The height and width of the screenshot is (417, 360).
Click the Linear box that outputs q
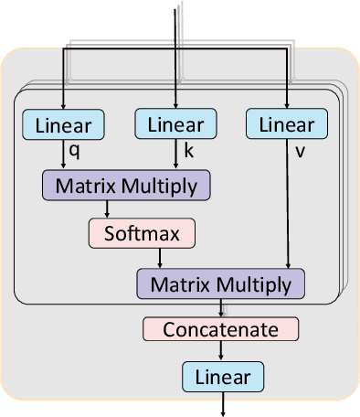point(63,124)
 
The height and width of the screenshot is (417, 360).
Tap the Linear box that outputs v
point(287,124)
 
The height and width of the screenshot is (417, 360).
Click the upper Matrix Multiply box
point(126,186)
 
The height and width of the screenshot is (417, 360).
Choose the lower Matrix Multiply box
point(221,283)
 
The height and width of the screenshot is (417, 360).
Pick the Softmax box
point(142,233)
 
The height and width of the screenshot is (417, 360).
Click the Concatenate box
point(220,329)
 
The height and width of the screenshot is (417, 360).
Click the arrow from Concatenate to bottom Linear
point(220,351)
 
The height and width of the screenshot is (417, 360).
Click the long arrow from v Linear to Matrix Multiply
point(289,206)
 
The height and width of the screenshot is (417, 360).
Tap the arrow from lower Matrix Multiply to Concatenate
point(220,308)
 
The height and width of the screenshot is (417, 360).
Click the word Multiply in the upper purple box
point(164,187)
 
